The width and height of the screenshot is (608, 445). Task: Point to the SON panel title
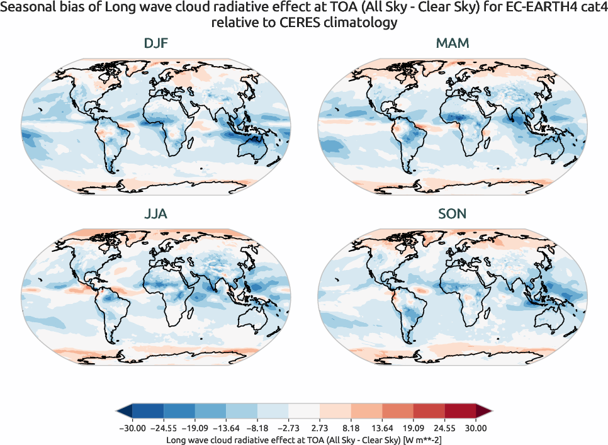(x=453, y=214)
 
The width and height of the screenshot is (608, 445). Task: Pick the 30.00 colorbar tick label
(x=476, y=428)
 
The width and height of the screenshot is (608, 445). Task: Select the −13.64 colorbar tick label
(x=226, y=428)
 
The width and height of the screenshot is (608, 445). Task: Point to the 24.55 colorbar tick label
(x=445, y=428)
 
